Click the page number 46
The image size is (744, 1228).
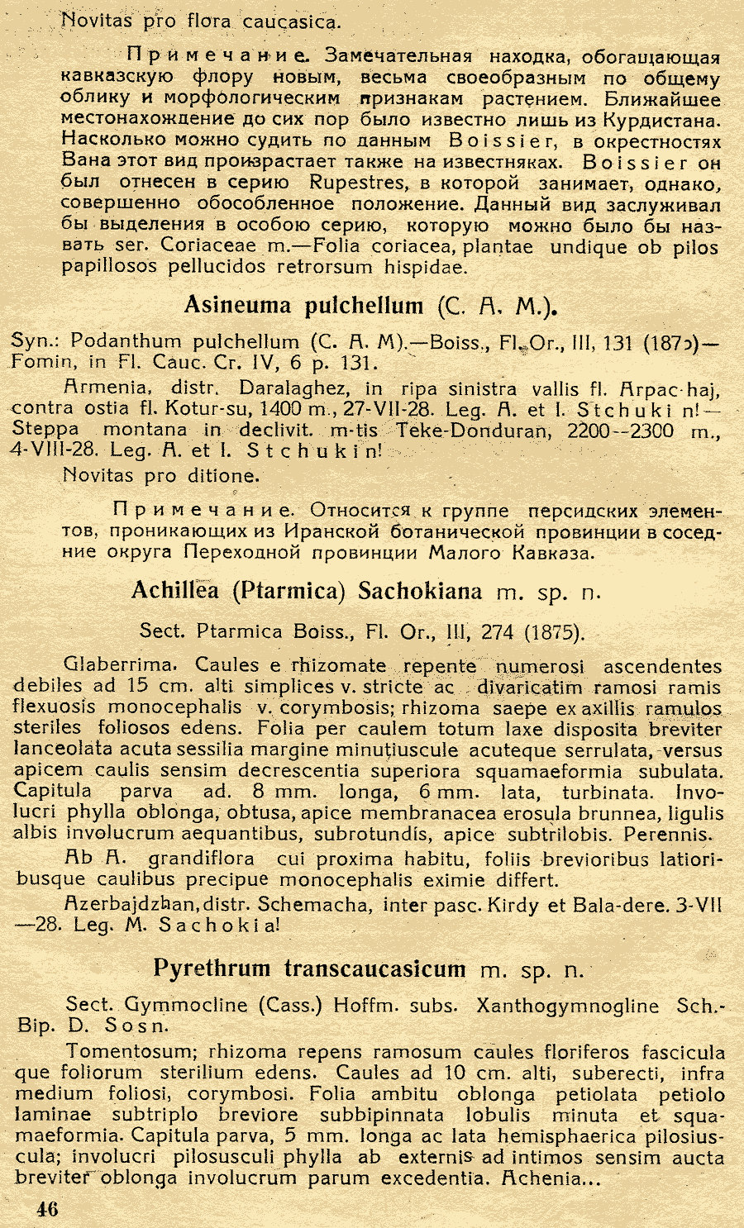[x=46, y=1209]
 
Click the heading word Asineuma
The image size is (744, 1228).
[x=237, y=306]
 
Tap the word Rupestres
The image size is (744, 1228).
[x=357, y=183]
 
